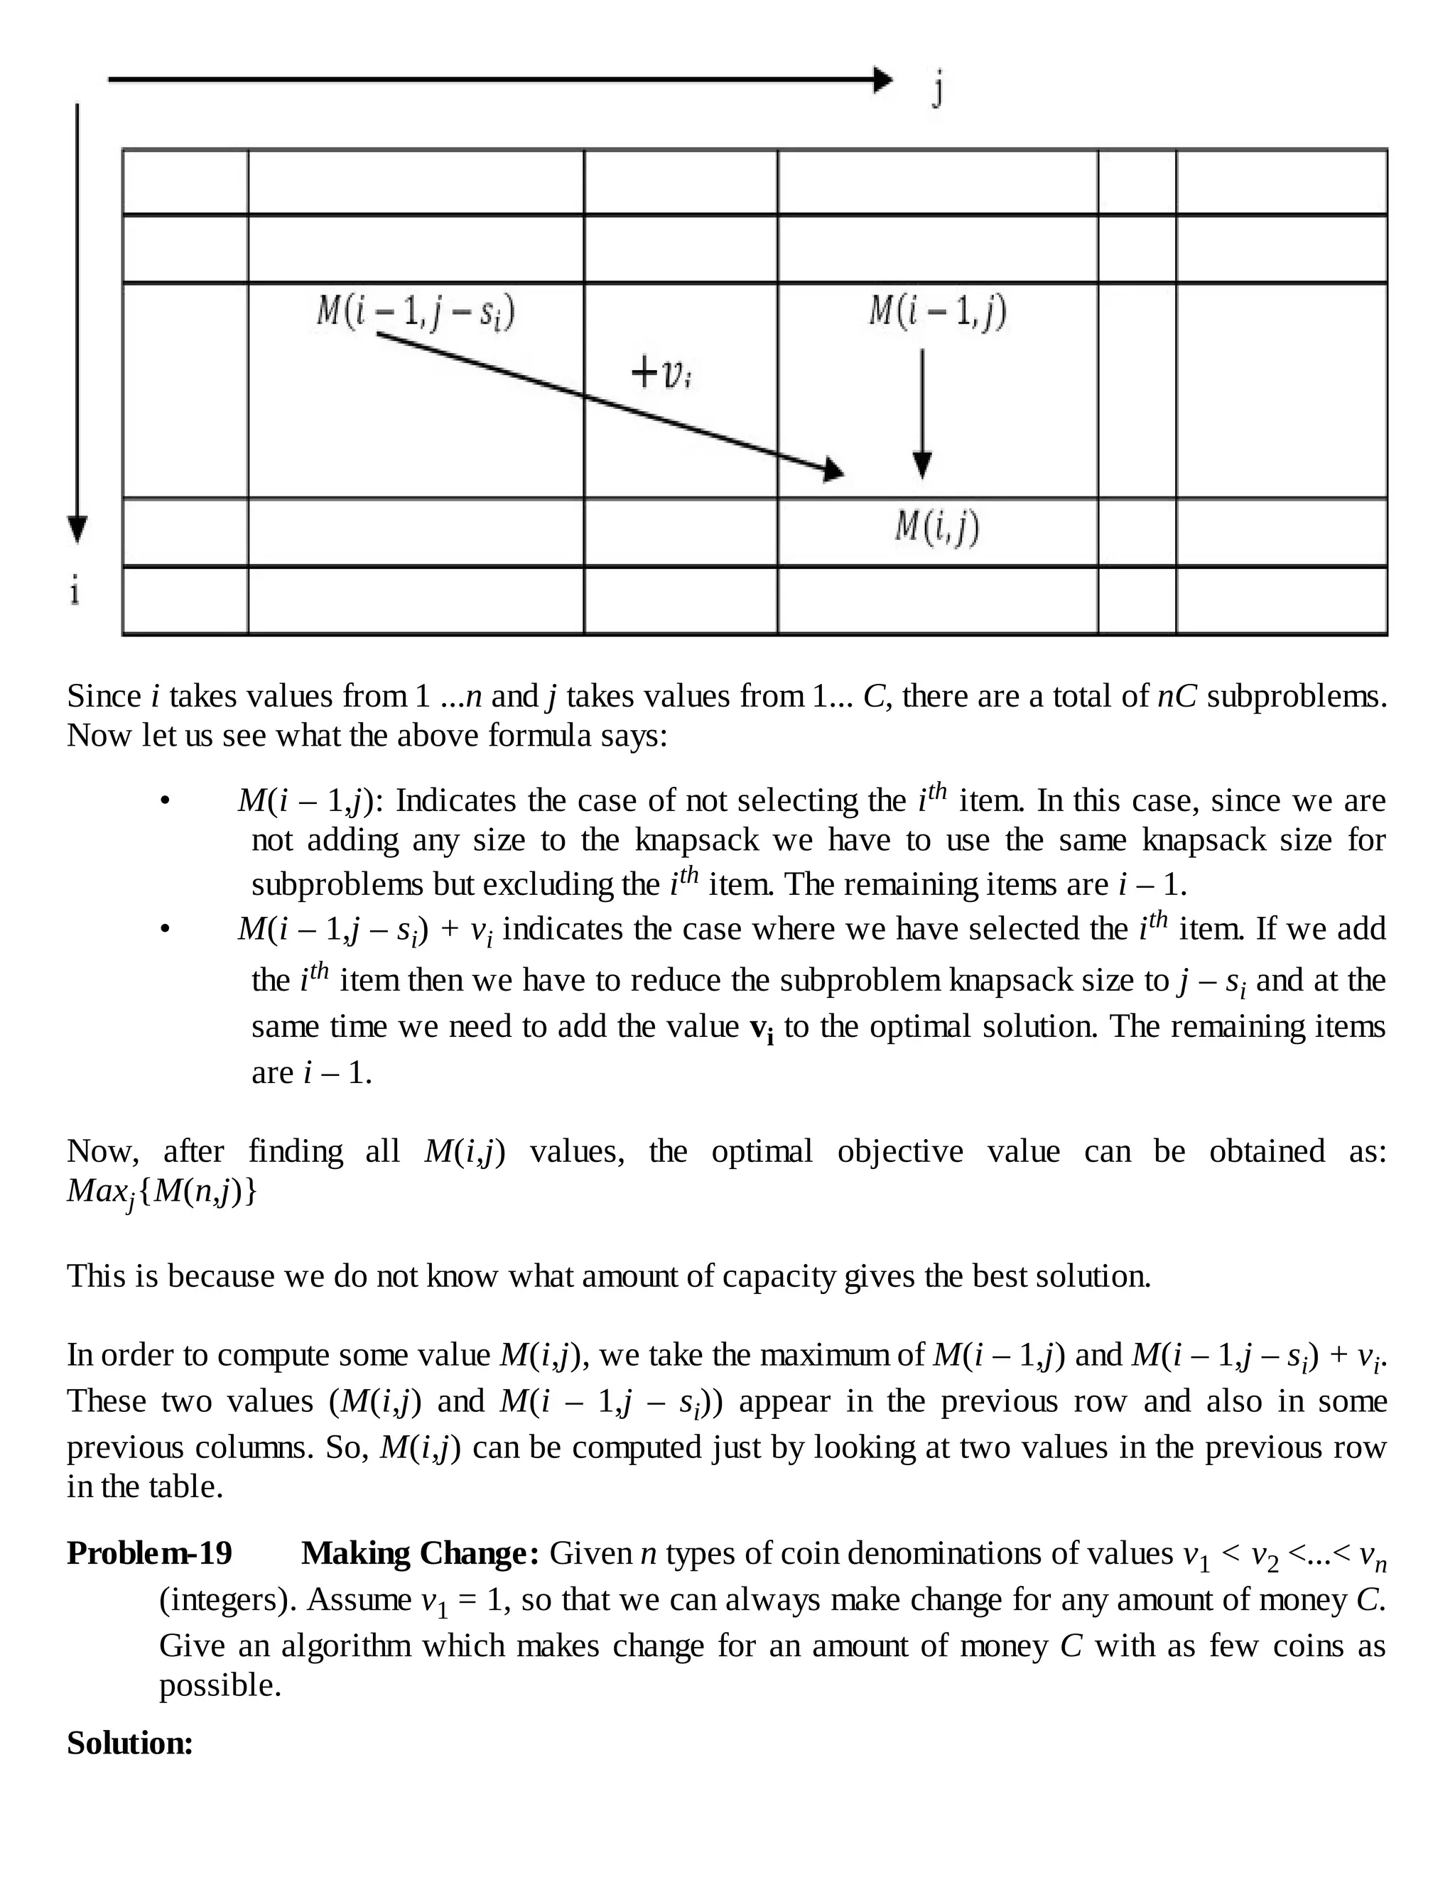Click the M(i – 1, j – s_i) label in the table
(x=416, y=312)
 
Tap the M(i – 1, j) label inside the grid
(x=938, y=312)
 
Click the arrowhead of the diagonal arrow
(x=833, y=469)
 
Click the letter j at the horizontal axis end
(x=938, y=88)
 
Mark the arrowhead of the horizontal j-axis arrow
(x=882, y=80)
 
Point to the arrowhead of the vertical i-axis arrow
(x=77, y=528)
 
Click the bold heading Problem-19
(x=150, y=1552)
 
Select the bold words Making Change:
(x=420, y=1552)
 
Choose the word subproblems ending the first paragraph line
(x=1296, y=695)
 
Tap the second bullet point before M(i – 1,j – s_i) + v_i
(x=166, y=929)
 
